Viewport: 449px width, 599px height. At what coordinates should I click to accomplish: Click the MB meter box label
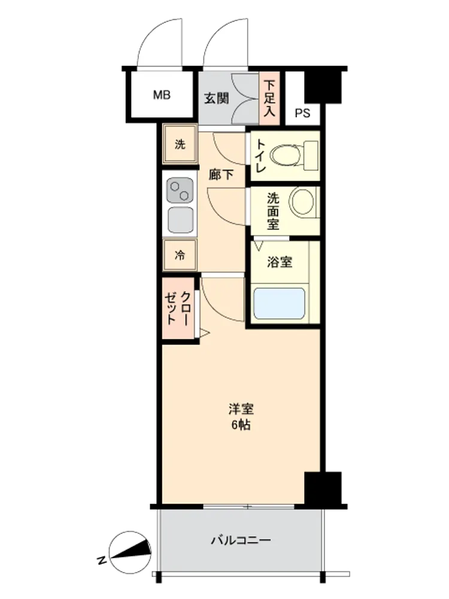162,95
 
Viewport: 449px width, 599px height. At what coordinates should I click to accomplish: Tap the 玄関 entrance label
217,98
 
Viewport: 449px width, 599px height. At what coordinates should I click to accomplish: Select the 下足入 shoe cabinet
269,98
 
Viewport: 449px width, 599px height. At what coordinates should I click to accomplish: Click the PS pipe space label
302,113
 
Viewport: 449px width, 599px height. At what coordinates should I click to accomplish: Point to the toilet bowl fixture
294,156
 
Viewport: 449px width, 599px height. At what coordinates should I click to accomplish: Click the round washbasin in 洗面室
304,202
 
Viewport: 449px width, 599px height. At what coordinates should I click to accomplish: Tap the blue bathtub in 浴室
280,303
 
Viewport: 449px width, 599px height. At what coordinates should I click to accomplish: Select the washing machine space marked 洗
180,144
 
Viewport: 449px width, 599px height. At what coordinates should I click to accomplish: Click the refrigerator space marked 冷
180,255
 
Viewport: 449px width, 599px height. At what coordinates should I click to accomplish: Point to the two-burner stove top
180,190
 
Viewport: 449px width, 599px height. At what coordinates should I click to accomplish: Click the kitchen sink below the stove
180,220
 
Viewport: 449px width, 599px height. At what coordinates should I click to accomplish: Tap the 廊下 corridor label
221,174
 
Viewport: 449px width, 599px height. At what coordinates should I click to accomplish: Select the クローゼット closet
178,308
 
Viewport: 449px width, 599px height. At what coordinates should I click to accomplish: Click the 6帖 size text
241,425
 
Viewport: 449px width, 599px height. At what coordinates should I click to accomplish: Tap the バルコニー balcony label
241,540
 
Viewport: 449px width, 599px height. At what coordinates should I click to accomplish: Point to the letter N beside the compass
101,561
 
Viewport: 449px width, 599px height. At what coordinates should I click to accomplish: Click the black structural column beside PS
323,87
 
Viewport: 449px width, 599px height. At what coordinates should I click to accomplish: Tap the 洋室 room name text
241,409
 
